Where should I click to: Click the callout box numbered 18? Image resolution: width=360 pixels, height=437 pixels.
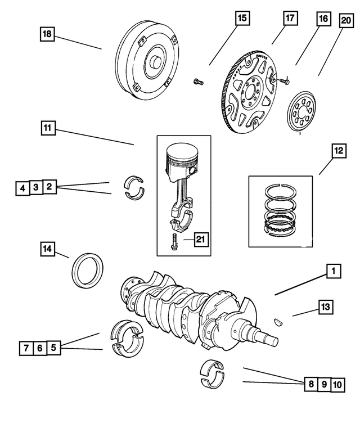tap(47, 34)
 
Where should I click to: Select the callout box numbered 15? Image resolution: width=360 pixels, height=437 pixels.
tap(241, 19)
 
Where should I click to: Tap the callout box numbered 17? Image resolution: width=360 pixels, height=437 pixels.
tap(290, 19)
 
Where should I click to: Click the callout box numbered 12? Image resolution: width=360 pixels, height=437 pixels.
tap(338, 151)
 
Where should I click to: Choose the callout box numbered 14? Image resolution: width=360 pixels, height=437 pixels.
tap(48, 248)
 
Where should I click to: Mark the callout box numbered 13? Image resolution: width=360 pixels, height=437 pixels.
tap(325, 307)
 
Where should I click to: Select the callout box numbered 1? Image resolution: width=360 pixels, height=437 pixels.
tap(332, 272)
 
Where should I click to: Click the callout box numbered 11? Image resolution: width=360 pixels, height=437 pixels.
tap(48, 128)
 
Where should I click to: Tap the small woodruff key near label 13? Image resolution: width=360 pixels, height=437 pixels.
tap(278, 322)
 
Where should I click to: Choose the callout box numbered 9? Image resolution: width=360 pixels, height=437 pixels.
tap(323, 385)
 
